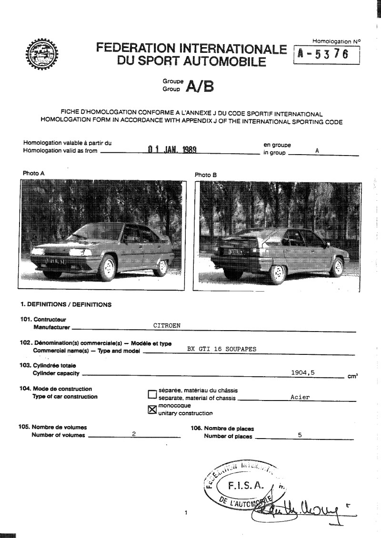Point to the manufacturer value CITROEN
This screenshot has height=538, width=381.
tap(167, 326)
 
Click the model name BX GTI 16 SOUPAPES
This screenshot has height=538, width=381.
tap(222, 349)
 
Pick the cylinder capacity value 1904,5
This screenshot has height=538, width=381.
tap(302, 372)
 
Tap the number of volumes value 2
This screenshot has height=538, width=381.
tap(134, 434)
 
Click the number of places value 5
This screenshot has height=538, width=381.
tap(300, 434)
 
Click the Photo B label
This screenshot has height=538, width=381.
tap(206, 175)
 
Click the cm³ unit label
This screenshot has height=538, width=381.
tap(352, 376)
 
